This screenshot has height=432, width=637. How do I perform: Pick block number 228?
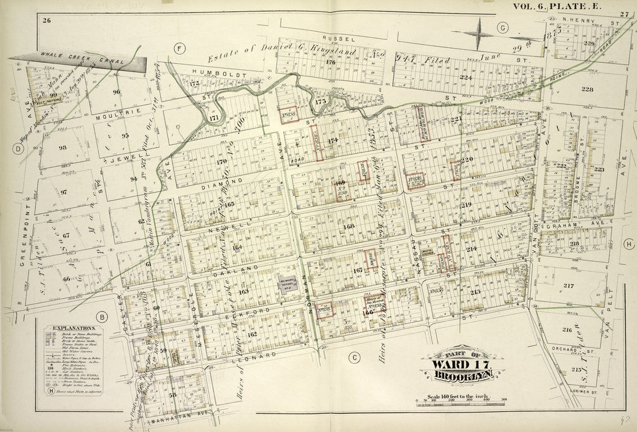click(587, 89)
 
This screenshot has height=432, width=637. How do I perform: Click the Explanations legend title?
click(73, 327)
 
